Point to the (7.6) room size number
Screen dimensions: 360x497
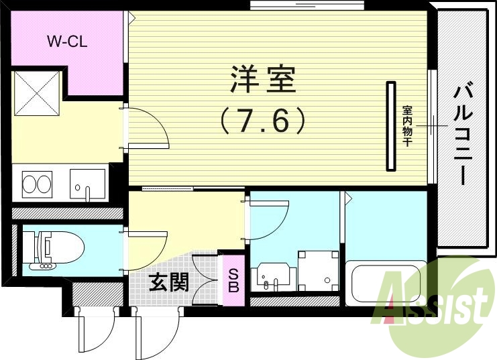[x=262, y=121]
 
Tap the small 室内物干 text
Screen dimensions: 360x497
[x=407, y=127]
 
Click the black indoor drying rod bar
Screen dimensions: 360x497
[x=390, y=125]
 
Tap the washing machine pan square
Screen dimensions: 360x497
[x=318, y=269]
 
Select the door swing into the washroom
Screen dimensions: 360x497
[x=268, y=218]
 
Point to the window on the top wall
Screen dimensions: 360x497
[x=307, y=6]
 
